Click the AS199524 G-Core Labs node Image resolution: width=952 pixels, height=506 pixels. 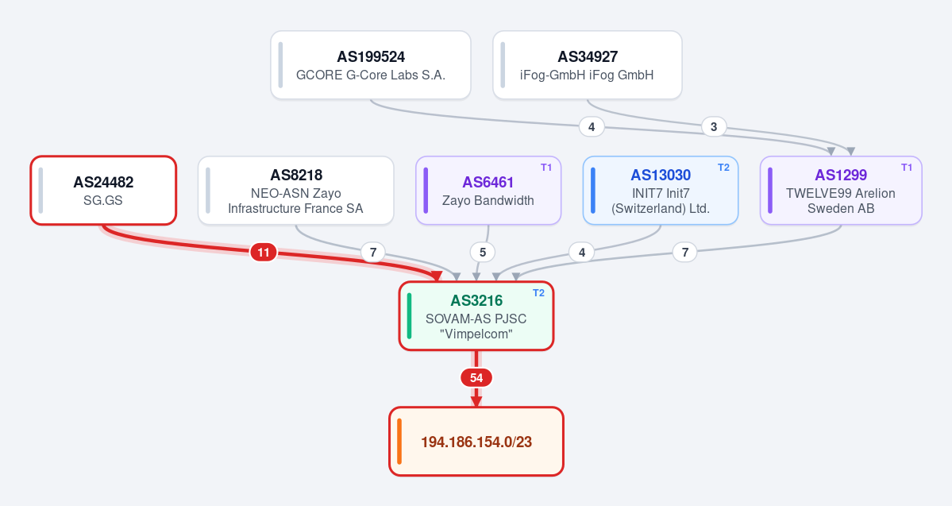point(370,65)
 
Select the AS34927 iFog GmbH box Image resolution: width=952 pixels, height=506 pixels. point(587,65)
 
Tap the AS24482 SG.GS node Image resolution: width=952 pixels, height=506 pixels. point(103,190)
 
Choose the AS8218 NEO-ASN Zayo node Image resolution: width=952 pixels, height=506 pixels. point(295,190)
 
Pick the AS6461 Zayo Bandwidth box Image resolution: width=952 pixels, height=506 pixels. point(488,190)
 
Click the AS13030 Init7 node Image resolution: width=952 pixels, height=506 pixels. point(661,190)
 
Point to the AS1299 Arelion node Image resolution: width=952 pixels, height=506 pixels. point(841,190)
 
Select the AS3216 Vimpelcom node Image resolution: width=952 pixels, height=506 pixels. point(476,316)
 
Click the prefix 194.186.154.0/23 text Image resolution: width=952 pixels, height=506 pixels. point(476,442)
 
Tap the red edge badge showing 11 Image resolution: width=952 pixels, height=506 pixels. point(264,252)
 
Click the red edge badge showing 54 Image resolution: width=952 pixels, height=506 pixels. point(476,378)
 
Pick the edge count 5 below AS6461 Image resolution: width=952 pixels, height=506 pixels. point(483,252)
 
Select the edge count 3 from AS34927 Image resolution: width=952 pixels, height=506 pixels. point(713,126)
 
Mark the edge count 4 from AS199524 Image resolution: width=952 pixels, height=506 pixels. point(592,126)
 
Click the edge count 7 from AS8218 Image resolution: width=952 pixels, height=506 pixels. point(373,252)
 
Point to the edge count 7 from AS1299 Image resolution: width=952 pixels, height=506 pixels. point(685,252)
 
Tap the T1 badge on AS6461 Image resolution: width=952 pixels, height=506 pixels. point(546,168)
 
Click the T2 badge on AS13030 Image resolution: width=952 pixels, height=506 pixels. point(723,168)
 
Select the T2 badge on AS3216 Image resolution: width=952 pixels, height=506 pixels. point(538,293)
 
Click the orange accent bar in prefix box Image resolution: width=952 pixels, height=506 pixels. point(399,442)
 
